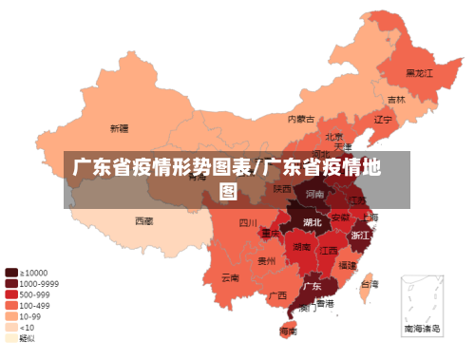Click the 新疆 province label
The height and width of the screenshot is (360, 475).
pyautogui.click(x=119, y=128)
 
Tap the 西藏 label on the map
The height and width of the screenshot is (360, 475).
pyautogui.click(x=143, y=220)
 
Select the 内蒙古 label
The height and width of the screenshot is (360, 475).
pyautogui.click(x=301, y=120)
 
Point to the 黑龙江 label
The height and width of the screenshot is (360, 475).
pyautogui.click(x=418, y=72)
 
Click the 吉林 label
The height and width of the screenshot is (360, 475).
pyautogui.click(x=395, y=100)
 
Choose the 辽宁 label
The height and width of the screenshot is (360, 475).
pyautogui.click(x=382, y=120)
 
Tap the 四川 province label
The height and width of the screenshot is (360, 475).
pyautogui.click(x=248, y=224)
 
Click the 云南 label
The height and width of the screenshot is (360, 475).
pyautogui.click(x=230, y=277)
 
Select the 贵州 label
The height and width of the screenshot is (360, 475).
pyautogui.click(x=268, y=259)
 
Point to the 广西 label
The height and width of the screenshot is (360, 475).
pyautogui.click(x=277, y=295)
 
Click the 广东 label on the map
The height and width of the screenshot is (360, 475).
pyautogui.click(x=312, y=285)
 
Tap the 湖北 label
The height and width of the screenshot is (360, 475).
pyautogui.click(x=312, y=222)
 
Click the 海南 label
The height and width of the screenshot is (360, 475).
pyautogui.click(x=288, y=332)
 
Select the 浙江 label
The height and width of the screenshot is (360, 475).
pyautogui.click(x=360, y=235)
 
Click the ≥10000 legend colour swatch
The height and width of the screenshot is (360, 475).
pyautogui.click(x=10, y=272)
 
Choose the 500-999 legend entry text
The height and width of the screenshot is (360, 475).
pyautogui.click(x=35, y=294)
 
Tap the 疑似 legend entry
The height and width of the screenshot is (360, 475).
pyautogui.click(x=28, y=338)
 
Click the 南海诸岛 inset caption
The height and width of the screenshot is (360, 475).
pyautogui.click(x=422, y=328)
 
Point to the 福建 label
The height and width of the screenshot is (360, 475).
pyautogui.click(x=348, y=265)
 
